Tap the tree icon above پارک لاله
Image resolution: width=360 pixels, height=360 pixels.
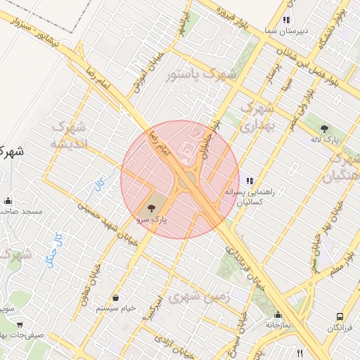(324, 129)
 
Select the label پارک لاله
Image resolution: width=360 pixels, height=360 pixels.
(326, 141)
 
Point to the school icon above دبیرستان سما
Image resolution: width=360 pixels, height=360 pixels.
(285, 20)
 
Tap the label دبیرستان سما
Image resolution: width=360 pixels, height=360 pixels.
(287, 32)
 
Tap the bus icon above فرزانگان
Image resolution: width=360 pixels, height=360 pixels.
(340, 317)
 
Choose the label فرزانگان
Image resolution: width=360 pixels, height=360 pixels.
(340, 328)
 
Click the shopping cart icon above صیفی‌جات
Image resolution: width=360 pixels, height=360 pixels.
(20, 325)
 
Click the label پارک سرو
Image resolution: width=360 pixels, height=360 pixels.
(152, 220)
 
